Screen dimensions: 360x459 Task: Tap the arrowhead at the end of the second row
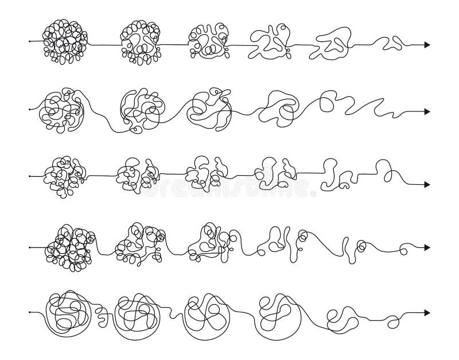click(x=427, y=111)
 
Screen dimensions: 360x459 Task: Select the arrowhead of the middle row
click(x=427, y=184)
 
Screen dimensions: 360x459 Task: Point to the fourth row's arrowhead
click(x=427, y=247)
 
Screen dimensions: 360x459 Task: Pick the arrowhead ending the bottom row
click(x=427, y=313)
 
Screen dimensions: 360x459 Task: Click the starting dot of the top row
click(x=29, y=42)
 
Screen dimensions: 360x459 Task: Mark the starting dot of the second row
click(x=29, y=108)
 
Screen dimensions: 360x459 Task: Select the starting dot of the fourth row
click(x=29, y=247)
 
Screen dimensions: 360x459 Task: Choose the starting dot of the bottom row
click(x=29, y=313)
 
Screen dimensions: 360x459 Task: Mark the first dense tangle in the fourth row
click(x=70, y=248)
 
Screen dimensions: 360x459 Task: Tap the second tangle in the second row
click(x=139, y=108)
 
